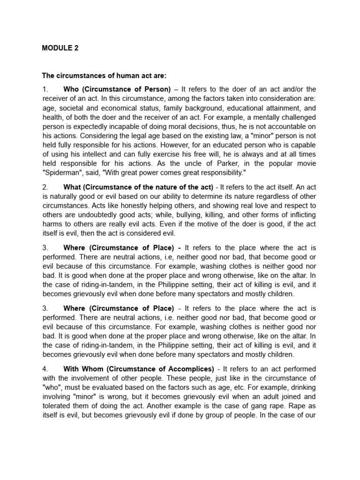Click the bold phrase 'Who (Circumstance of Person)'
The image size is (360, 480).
coord(117,89)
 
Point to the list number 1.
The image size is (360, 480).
coord(45,89)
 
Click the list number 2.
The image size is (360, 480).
coord(45,187)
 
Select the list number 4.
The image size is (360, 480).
coord(45,369)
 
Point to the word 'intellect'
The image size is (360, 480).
coord(100,154)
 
